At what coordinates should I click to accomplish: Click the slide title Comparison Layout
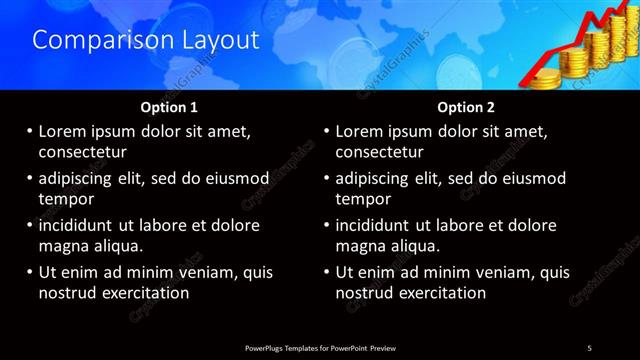point(146,40)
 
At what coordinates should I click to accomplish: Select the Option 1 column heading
point(169,106)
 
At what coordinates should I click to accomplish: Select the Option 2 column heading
point(467,106)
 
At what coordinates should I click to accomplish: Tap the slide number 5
point(589,347)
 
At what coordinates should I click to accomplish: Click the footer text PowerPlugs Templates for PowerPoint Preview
point(320,347)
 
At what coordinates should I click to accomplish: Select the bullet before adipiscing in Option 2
point(326,178)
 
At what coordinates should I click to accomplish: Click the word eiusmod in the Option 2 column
point(530,178)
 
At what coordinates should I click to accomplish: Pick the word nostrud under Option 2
point(368,292)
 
